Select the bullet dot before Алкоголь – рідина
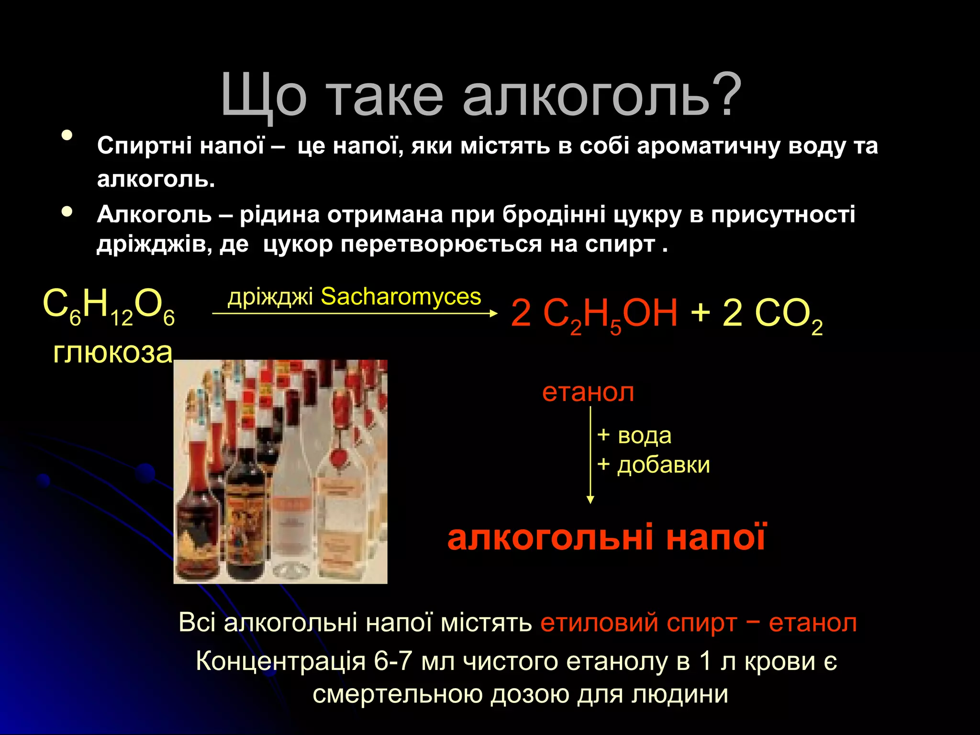coord(67,211)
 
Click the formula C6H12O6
coord(109,307)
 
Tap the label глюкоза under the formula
coord(112,353)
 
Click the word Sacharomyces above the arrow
coord(401,297)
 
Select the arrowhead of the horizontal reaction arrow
coord(494,313)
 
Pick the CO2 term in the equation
coord(787,315)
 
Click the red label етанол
coord(588,392)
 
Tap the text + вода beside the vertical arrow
coord(634,435)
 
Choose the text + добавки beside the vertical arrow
coord(654,465)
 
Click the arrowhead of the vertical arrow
coord(590,500)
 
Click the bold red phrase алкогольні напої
coord(607,537)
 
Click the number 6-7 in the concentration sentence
coord(392,661)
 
